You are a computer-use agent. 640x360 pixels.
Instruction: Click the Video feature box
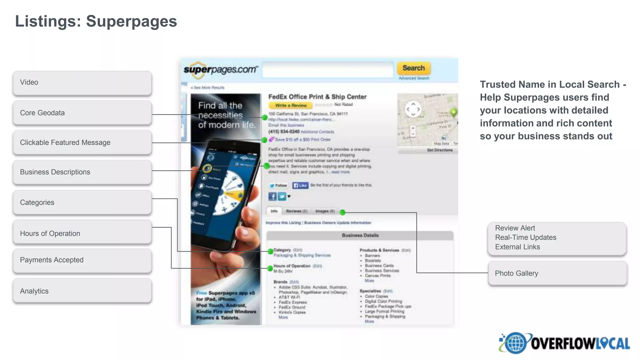tap(82, 82)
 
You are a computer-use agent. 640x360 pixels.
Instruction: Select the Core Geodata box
tap(82, 113)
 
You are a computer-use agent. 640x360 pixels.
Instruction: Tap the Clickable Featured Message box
tap(82, 142)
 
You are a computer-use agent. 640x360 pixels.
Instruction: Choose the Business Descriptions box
tap(82, 172)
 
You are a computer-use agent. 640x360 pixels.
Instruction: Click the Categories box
tap(82, 202)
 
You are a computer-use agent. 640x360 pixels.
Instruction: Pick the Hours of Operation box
tap(82, 233)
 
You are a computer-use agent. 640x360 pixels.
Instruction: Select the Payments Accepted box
tap(82, 260)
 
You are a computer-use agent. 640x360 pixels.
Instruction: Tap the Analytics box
tap(82, 291)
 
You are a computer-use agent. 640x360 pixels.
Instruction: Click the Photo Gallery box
tap(557, 273)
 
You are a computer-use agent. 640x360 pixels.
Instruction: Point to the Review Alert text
tap(515, 228)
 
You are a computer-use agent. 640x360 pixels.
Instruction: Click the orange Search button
tap(413, 68)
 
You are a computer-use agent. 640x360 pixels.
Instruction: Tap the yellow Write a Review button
tap(291, 105)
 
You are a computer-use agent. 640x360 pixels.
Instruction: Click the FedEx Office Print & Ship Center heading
tap(317, 97)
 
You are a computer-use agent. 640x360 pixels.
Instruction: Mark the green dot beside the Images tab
tap(342, 212)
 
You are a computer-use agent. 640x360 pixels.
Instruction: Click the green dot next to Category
tap(270, 251)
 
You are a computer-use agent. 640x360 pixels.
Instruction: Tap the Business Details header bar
tap(360, 235)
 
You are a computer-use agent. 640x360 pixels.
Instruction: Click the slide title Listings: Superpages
tap(96, 21)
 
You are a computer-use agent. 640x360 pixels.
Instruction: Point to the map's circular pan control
tap(413, 109)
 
